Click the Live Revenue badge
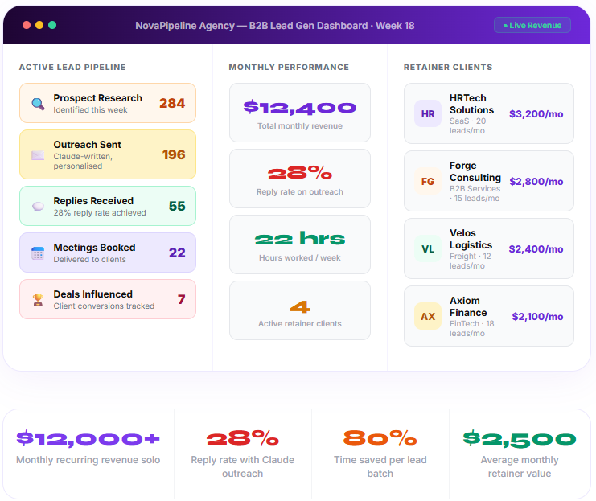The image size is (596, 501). click(532, 25)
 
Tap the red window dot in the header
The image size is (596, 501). click(27, 25)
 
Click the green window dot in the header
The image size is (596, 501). click(52, 25)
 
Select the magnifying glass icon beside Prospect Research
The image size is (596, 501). click(38, 104)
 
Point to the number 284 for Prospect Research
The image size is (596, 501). click(172, 103)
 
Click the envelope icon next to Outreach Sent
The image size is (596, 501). click(38, 155)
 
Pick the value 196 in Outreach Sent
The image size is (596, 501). click(174, 154)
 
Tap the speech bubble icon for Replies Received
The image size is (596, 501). click(38, 207)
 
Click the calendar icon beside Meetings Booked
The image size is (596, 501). click(38, 253)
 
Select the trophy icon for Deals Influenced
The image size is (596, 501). click(38, 300)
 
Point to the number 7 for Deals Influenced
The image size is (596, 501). click(182, 299)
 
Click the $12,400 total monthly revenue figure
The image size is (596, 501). click(299, 107)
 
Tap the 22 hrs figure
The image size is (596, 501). click(299, 238)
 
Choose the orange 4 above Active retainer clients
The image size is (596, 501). click(300, 306)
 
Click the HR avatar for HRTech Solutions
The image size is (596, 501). click(428, 113)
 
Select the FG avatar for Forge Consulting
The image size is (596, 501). click(428, 181)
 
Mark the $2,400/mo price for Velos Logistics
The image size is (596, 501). click(536, 249)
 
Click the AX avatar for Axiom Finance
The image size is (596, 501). click(428, 316)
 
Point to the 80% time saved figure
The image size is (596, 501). click(380, 438)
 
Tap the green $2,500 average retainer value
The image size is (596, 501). click(520, 439)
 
